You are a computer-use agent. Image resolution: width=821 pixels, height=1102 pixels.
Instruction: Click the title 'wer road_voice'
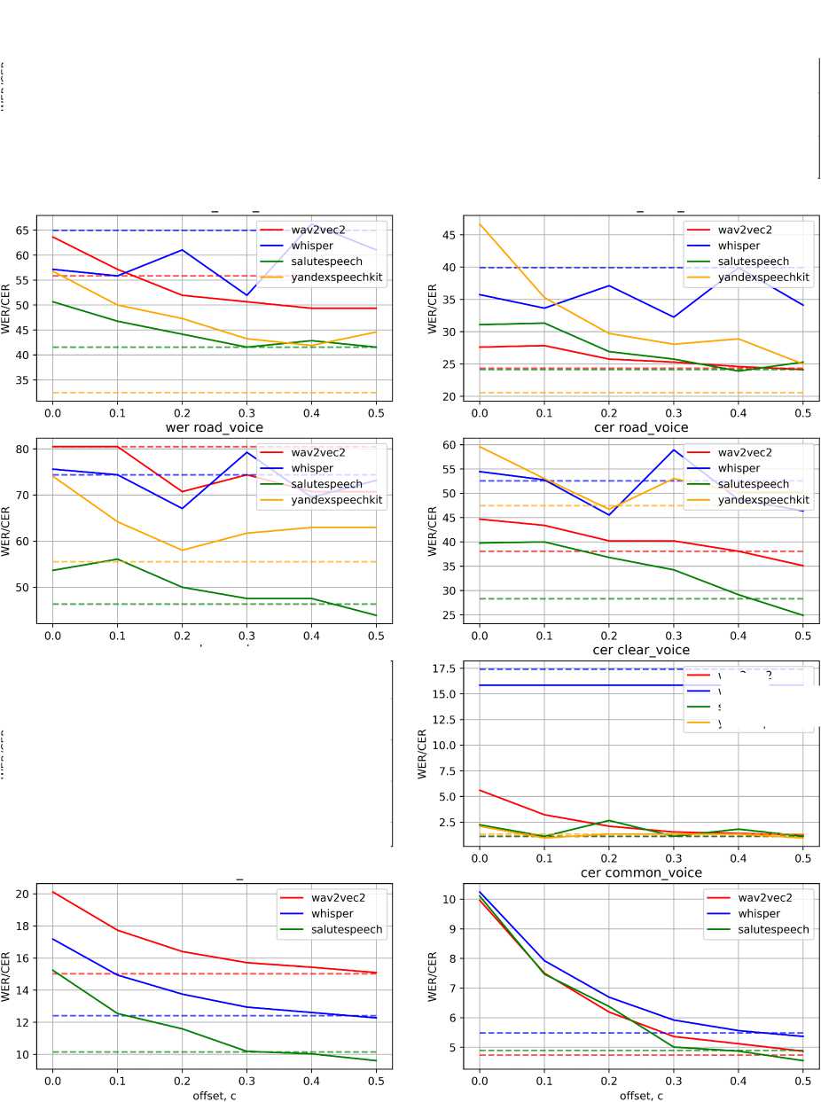point(214,427)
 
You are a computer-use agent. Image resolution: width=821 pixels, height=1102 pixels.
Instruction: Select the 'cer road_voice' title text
point(641,427)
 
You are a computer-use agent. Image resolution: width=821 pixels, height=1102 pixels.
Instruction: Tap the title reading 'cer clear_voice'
point(641,650)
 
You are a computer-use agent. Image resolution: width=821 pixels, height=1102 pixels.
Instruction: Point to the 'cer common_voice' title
point(641,872)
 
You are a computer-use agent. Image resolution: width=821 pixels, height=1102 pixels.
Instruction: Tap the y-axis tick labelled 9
point(450,928)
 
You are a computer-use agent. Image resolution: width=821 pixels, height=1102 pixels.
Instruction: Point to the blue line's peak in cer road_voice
point(674,449)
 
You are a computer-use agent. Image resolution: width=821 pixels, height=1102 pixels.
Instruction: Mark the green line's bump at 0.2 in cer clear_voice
point(609,821)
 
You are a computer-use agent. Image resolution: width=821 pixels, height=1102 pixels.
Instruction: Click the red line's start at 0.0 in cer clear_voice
point(480,790)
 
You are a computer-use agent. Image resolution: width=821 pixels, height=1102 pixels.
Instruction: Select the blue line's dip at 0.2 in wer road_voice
point(182,508)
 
